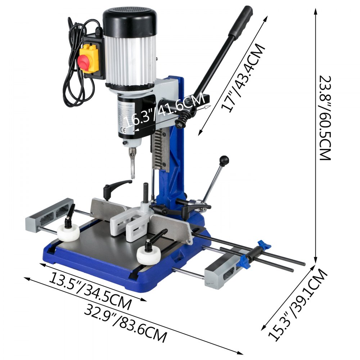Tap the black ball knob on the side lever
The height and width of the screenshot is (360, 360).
(224, 159)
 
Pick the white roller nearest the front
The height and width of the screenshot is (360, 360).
(148, 256)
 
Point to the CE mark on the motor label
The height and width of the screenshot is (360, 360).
(122, 130)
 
